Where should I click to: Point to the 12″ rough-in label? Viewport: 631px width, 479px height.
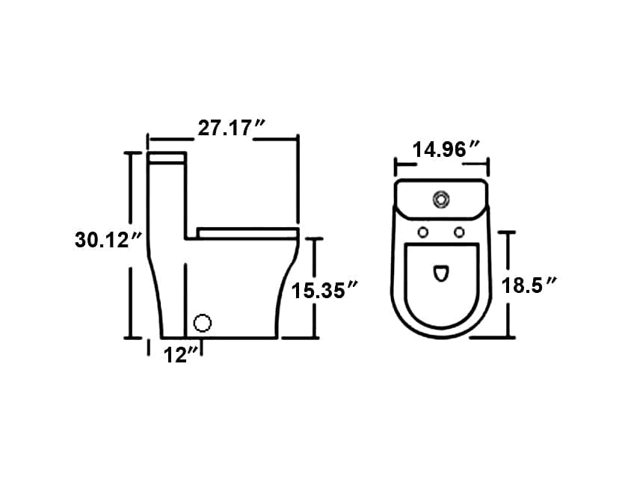coord(180,356)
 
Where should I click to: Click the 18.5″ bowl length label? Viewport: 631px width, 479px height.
coord(532,285)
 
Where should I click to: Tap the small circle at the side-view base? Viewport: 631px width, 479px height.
coord(202,323)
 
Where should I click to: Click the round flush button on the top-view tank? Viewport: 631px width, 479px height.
coord(441,200)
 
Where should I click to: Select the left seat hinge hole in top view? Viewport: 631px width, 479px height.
coord(422,232)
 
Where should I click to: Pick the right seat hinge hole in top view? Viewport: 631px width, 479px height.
coord(459,232)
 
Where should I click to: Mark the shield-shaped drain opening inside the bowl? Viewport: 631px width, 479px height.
coord(441,274)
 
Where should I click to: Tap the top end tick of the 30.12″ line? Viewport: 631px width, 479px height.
coord(132,152)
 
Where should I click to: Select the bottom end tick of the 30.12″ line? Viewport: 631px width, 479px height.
coord(132,338)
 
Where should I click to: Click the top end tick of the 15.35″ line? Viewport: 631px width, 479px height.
coord(315,238)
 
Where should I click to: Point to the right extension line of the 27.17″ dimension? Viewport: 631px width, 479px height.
coord(298,179)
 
